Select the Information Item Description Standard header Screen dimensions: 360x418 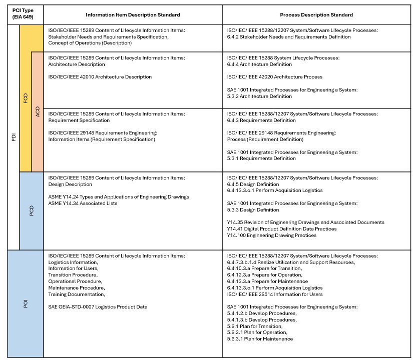[133, 14]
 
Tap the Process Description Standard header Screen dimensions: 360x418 [316, 14]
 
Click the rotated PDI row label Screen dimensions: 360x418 [14, 136]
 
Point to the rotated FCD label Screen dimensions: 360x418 [26, 98]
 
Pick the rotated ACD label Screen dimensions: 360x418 [38, 111]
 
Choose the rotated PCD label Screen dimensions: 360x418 [32, 210]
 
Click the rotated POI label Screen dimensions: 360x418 [26, 303]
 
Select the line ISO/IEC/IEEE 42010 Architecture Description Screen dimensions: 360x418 [100, 77]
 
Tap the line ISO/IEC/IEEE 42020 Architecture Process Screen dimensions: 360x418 [274, 77]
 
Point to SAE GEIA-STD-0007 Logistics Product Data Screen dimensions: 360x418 [98, 306]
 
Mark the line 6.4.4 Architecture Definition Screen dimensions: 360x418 [259, 64]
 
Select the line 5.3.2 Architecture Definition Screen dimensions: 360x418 [259, 96]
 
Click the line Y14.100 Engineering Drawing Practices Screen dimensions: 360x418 [271, 235]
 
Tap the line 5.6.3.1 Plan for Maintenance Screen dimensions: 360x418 [260, 339]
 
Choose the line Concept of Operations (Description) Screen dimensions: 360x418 [90, 43]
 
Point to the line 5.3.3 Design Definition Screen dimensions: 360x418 [253, 210]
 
